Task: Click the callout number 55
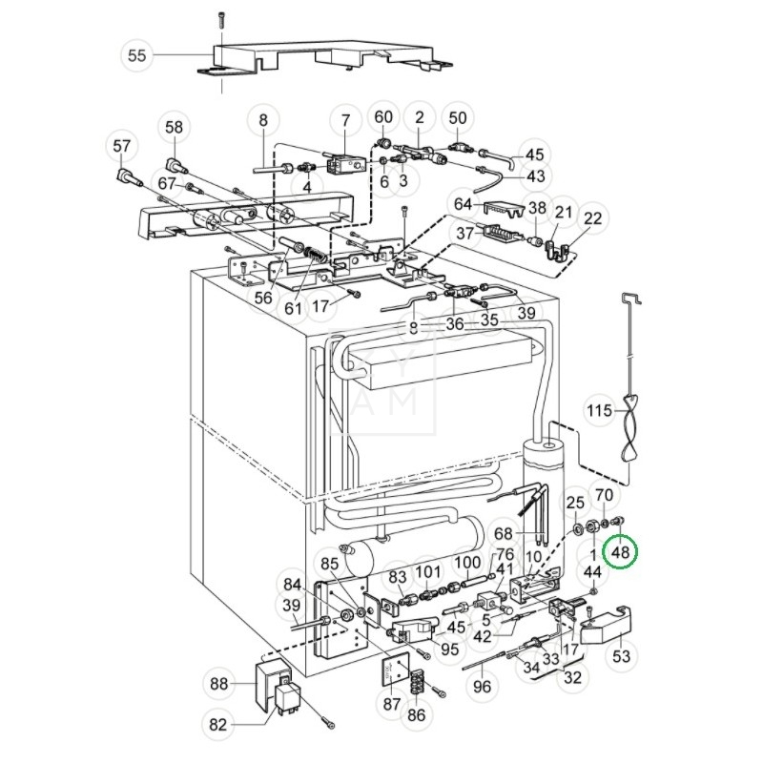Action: pyautogui.click(x=137, y=55)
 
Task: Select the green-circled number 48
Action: pyautogui.click(x=622, y=551)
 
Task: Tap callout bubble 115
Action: pyautogui.click(x=599, y=412)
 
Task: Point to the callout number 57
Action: pyautogui.click(x=121, y=146)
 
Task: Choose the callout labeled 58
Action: pyautogui.click(x=174, y=127)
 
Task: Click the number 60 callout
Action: pyautogui.click(x=382, y=117)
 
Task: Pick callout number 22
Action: pyautogui.click(x=593, y=218)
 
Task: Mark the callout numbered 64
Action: pyautogui.click(x=464, y=205)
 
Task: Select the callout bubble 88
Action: pyautogui.click(x=218, y=683)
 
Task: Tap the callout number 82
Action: pyautogui.click(x=218, y=725)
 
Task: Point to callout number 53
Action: pyautogui.click(x=622, y=656)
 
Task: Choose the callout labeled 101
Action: pyautogui.click(x=429, y=573)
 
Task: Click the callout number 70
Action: pyautogui.click(x=604, y=495)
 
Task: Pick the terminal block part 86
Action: pyautogui.click(x=416, y=683)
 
